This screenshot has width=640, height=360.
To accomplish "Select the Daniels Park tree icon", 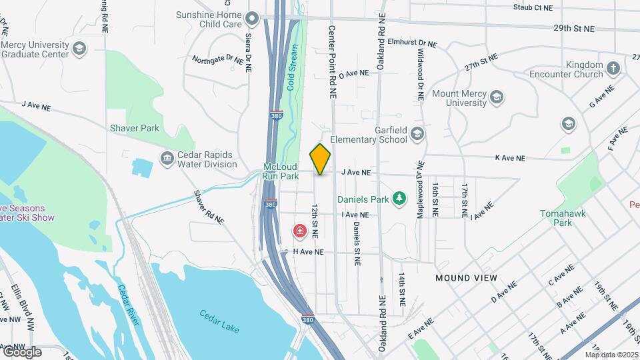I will tap(399, 198).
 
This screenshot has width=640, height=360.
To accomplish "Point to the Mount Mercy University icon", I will tap(496, 99).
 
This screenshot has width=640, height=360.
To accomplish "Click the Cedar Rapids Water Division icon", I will tap(166, 159).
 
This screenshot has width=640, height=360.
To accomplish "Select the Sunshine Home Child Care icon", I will tap(252, 19).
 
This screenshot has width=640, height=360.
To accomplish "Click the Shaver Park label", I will tap(135, 128).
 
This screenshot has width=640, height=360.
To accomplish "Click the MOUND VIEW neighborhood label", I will tap(466, 277).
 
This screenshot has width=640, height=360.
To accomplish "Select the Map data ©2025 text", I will tap(611, 355).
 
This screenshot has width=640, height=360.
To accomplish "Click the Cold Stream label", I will tap(291, 67).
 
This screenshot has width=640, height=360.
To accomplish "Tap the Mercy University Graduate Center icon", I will tap(80, 48).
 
